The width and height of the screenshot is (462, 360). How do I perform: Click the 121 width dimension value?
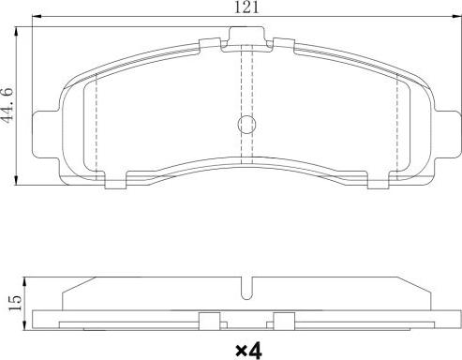point(246,7)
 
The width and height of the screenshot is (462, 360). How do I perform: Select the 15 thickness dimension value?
point(15,303)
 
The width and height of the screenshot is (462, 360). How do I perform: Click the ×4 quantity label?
point(248,351)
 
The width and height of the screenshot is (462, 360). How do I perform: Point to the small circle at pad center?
point(246,125)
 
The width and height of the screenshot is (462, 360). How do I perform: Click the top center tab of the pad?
point(247,36)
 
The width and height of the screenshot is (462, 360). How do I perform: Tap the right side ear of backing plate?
point(447,134)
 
